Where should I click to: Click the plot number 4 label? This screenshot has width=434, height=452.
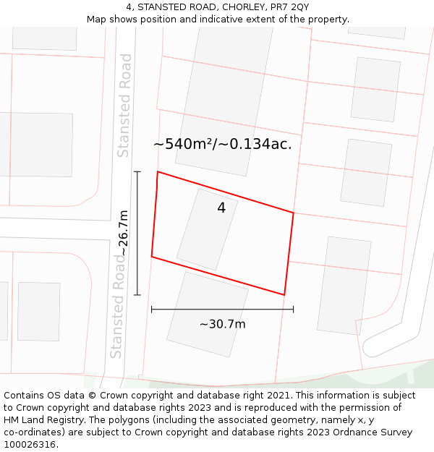pos(221,208)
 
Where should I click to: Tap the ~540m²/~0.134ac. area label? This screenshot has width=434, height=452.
pos(222,144)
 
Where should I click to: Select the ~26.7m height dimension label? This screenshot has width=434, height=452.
pos(124,233)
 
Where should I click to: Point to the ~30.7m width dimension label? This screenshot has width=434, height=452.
pos(222,324)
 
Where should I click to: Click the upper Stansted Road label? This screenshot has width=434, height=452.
pos(124,105)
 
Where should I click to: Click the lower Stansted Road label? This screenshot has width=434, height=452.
pos(116,305)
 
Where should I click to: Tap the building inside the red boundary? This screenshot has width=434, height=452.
pos(207,229)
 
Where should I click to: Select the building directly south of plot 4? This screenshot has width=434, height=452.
pos(208,314)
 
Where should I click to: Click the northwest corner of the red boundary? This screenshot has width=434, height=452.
pos(158,172)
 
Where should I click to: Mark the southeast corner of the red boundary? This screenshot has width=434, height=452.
pos(284,295)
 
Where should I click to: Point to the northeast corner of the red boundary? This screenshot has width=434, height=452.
pos(293,213)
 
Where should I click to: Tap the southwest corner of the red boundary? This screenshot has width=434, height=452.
pos(151,257)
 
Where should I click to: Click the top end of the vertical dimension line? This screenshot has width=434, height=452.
pos(137,171)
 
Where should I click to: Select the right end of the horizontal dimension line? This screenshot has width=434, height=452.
pos(293,310)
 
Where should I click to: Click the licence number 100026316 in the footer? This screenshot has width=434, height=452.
pos(29,445)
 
